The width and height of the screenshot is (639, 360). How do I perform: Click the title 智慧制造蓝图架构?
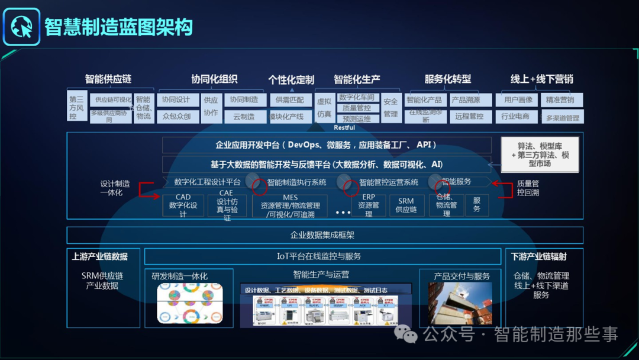pos(119,27)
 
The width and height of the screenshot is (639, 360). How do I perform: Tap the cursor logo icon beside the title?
pos(21,27)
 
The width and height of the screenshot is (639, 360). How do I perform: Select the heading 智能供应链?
pos(108,79)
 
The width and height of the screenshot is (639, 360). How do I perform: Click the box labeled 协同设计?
pos(176,100)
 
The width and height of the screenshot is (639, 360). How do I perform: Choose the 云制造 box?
pos(244,117)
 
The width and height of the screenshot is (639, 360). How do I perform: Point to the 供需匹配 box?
pos(290,100)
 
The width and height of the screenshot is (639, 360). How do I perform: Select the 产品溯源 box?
pos(466,100)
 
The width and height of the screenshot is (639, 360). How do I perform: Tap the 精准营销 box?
pos(560,100)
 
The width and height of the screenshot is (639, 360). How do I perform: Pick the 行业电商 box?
pos(517,117)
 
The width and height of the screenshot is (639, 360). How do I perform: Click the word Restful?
pos(344,127)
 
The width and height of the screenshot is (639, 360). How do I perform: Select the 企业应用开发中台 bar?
pos(327,145)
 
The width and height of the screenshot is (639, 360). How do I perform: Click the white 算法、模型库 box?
pos(540,155)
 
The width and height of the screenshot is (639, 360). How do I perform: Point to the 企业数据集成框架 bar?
pos(325,235)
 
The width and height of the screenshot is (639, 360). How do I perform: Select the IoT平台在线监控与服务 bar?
pos(319,256)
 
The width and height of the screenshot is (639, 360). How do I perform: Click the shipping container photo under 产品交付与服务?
pos(460,303)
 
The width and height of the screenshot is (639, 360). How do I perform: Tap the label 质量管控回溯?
pos(528,188)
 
